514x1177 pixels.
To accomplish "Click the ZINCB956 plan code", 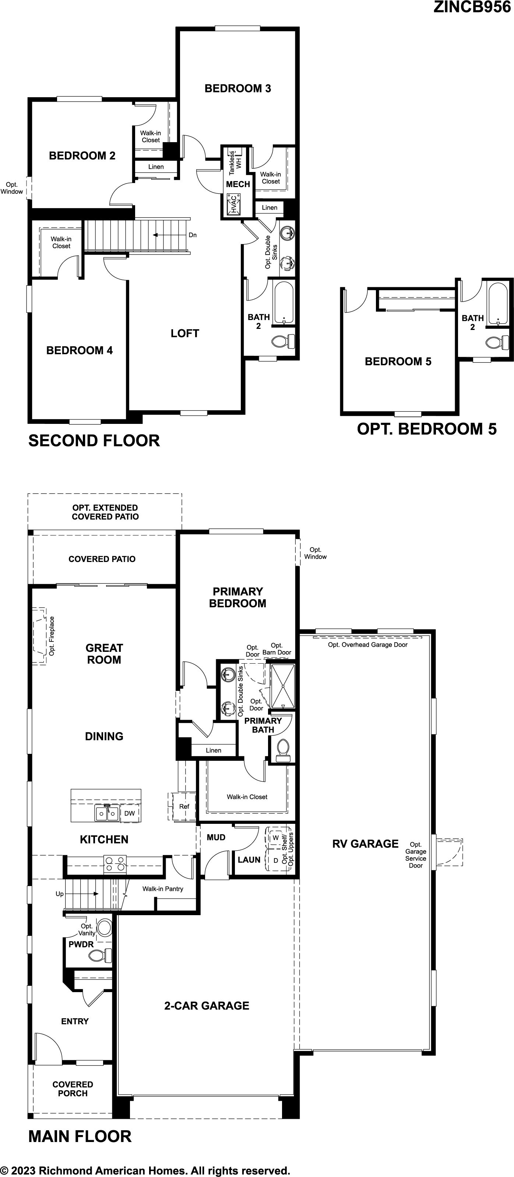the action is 472,7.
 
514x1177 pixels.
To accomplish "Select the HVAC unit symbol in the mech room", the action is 233,205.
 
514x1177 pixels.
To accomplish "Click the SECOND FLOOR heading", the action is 94,440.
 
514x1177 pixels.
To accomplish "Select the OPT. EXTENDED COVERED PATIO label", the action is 105,512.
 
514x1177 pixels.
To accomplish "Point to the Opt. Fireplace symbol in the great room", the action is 40,636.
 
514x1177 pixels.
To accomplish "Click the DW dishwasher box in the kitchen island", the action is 130,813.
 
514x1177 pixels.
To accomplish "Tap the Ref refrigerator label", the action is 184,807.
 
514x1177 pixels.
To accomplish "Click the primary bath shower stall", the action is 283,686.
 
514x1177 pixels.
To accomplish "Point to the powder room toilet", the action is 100,955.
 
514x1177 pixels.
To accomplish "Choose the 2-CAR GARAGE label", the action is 207,1006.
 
